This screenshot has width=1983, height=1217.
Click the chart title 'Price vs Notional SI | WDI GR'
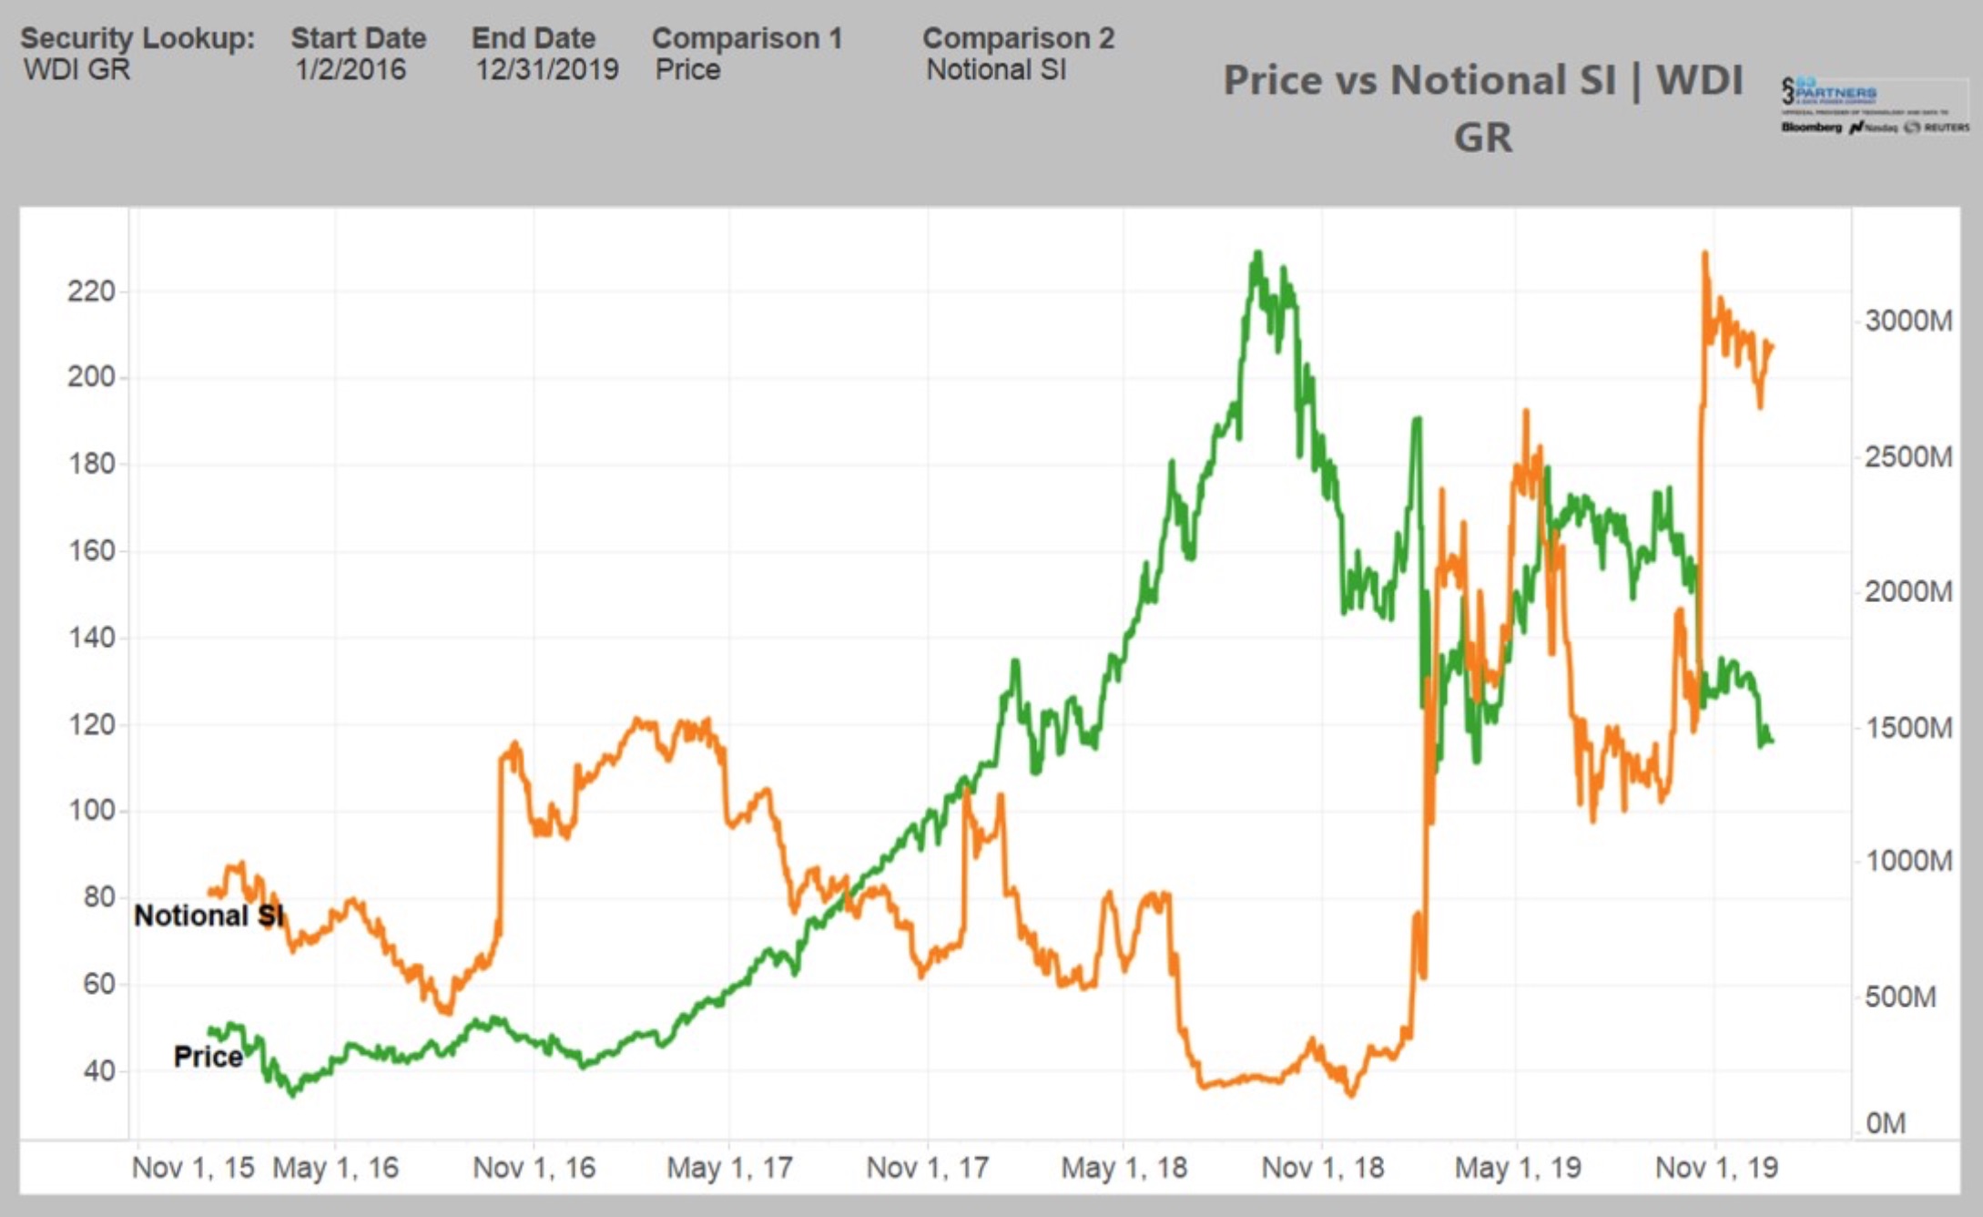[1482, 107]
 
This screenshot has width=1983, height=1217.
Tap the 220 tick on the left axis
[91, 291]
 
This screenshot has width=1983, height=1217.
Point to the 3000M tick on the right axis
[1907, 321]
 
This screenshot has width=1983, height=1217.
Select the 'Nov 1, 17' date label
[927, 1167]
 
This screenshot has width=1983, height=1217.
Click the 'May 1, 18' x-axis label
[1124, 1167]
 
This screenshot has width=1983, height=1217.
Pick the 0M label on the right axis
[1885, 1123]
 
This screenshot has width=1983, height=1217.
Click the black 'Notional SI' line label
[208, 915]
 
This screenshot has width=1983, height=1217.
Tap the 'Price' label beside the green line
[208, 1057]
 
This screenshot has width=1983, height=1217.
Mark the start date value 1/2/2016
[350, 69]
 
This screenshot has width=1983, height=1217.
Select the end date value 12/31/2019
[546, 69]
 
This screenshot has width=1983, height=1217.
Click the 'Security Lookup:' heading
[137, 38]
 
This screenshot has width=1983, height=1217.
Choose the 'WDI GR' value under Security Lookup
[76, 69]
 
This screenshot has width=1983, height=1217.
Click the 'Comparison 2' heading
[1018, 38]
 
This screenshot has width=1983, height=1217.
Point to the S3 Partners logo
[1874, 106]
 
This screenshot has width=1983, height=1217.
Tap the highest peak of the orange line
[1704, 254]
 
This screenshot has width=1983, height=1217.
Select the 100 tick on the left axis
[91, 810]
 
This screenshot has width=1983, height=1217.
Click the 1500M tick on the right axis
[1907, 728]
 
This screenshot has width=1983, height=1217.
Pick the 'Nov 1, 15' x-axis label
[192, 1167]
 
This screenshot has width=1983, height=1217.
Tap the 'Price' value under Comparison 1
[687, 69]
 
